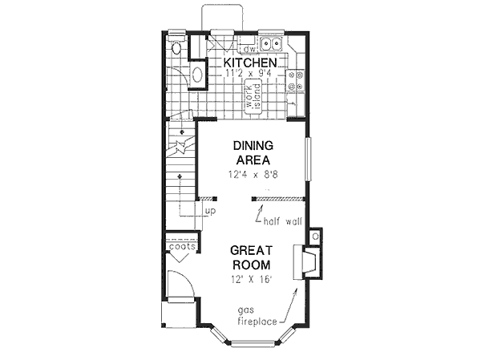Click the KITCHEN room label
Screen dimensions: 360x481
click(250, 63)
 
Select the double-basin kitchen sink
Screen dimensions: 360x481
click(273, 44)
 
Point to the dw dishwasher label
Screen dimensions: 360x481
click(248, 48)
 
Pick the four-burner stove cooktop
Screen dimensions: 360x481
click(298, 80)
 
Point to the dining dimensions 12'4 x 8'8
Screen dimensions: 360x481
click(253, 173)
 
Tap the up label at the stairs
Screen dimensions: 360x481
click(211, 211)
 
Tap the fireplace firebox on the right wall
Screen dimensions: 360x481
click(306, 262)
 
